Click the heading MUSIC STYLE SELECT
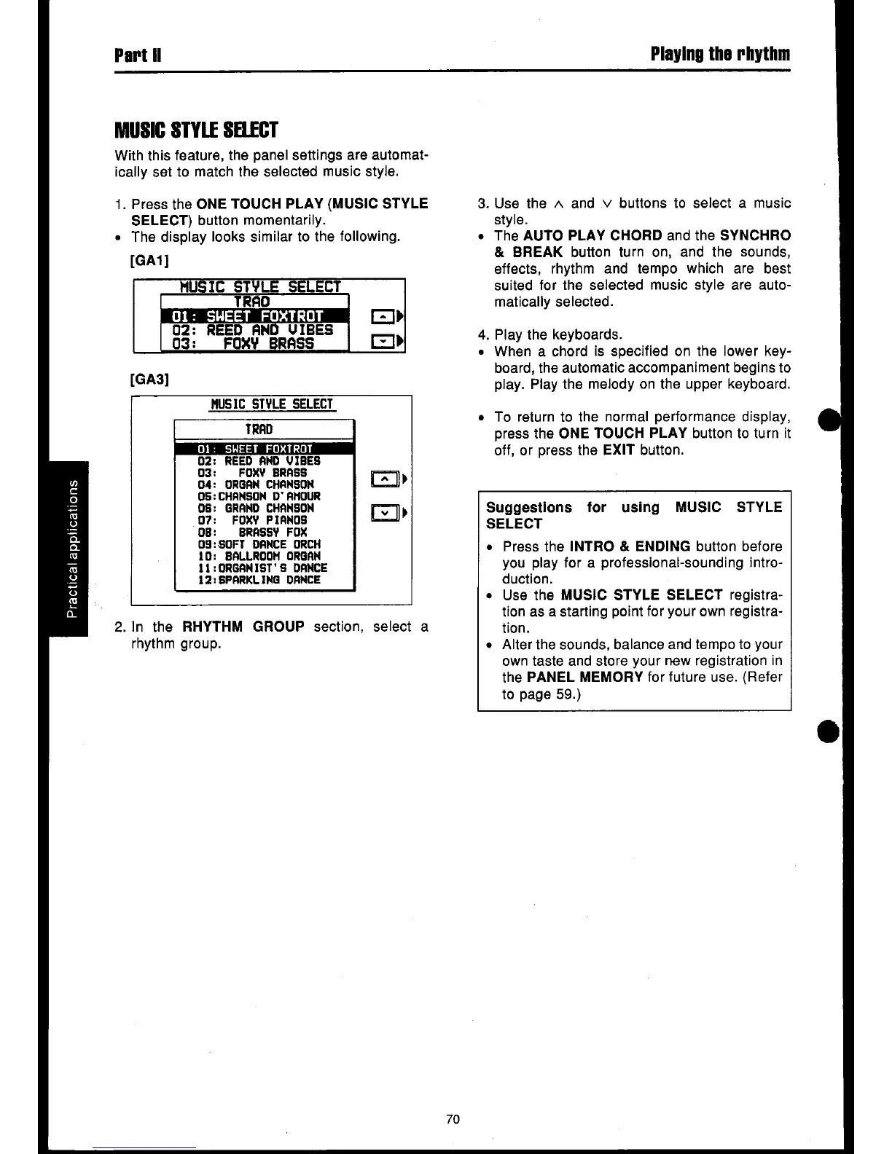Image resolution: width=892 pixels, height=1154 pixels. click(196, 131)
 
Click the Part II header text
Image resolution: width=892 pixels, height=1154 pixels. click(138, 55)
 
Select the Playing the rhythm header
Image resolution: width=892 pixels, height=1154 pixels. click(720, 55)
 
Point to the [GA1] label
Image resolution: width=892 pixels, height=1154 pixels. click(149, 260)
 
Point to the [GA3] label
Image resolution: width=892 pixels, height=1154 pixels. click(149, 379)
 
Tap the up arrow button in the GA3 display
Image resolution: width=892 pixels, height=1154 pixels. click(384, 479)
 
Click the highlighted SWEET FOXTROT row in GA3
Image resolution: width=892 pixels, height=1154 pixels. click(263, 448)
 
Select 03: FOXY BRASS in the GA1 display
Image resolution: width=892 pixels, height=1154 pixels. click(251, 343)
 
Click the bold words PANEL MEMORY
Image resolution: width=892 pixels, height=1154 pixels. click(584, 678)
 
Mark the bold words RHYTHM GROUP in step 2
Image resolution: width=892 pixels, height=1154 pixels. click(243, 627)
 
